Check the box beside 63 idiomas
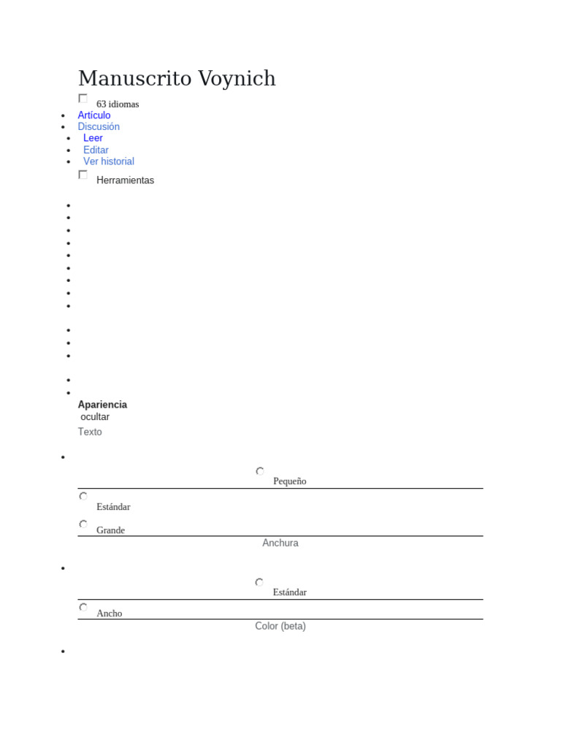click(83, 99)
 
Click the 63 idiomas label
click(118, 104)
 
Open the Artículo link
click(94, 115)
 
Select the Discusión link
click(99, 126)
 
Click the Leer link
click(93, 138)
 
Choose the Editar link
click(96, 150)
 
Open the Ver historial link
click(109, 161)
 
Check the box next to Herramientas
click(83, 175)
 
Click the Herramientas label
click(125, 180)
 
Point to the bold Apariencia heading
click(102, 405)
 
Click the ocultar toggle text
click(95, 417)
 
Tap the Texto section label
click(90, 432)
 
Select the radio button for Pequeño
click(259, 471)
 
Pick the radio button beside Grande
click(83, 524)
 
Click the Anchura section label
click(280, 543)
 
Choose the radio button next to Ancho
click(83, 607)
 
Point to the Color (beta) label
click(280, 626)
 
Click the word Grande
click(110, 530)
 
